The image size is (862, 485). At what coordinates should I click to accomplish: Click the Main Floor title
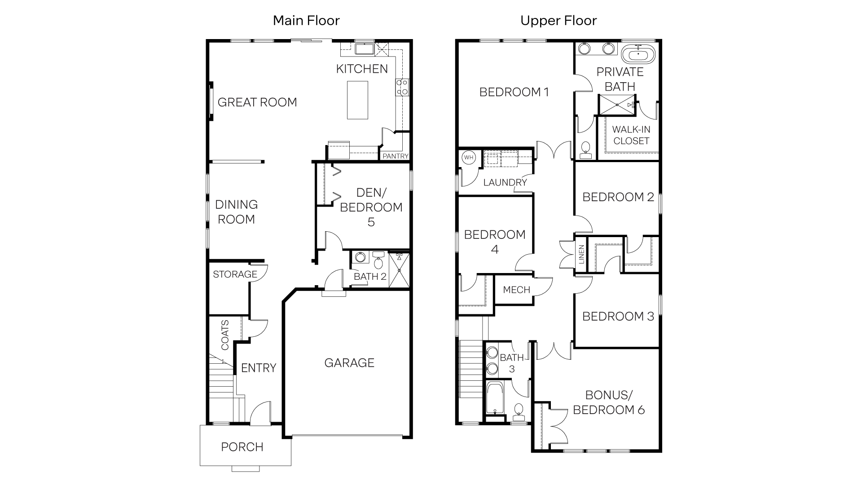point(306,21)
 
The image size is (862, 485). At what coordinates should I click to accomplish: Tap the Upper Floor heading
point(559,21)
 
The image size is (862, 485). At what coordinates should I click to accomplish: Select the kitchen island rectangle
point(357,100)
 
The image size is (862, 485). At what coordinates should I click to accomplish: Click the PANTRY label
point(395,156)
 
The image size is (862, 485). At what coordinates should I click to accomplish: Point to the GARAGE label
point(349,363)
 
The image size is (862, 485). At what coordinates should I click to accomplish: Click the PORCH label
point(242,447)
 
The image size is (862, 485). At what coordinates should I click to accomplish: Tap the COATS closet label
point(225,335)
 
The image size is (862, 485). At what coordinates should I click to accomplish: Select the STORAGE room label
point(235,274)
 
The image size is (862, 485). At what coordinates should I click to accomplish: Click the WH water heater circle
point(469,158)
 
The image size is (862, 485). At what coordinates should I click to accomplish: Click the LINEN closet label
point(581,254)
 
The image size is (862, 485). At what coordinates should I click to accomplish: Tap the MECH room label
point(516,290)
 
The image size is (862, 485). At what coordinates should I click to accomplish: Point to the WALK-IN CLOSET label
point(631,135)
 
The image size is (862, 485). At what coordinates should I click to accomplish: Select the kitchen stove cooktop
point(402,87)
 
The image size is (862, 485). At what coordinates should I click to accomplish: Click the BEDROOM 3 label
point(618,317)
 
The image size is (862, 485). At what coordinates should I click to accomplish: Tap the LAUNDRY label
point(505,182)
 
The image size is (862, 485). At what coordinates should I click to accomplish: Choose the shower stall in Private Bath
point(617,105)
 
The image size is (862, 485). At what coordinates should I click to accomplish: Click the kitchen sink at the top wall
point(364,48)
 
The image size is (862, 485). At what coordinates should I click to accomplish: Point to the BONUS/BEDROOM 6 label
point(608,402)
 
